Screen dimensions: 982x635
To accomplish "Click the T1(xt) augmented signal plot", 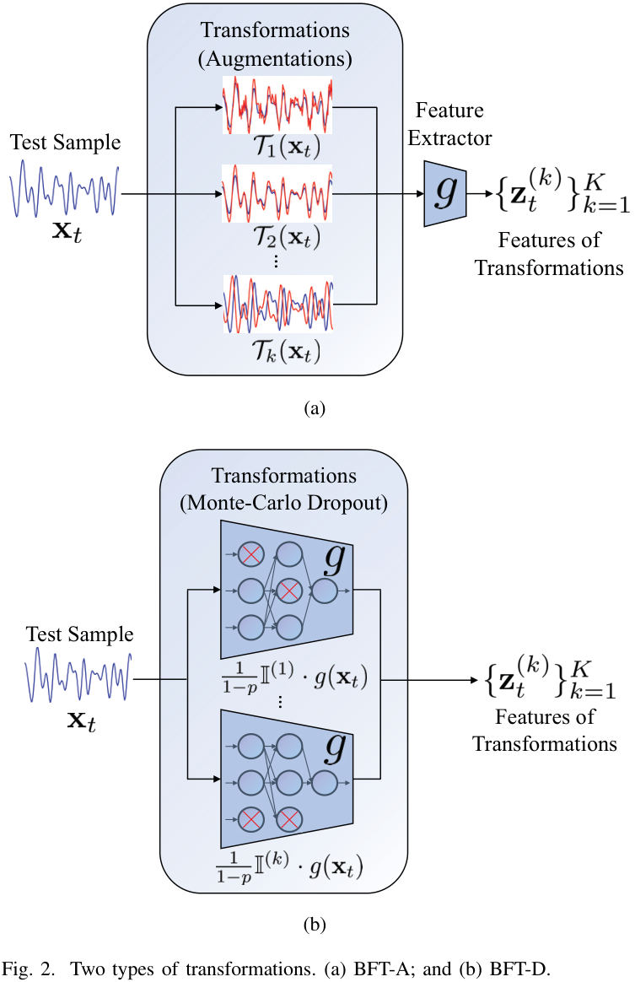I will pyautogui.click(x=277, y=105).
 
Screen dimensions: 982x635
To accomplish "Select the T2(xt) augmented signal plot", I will pyautogui.click(x=277, y=195).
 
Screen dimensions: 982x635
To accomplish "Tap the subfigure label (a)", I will pyautogui.click(x=314, y=409).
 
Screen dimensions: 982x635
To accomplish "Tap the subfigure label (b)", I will pyautogui.click(x=314, y=925).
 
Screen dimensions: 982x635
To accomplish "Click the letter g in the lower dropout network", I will pyautogui.click(x=336, y=747).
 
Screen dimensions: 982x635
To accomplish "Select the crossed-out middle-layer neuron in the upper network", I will pyautogui.click(x=289, y=591).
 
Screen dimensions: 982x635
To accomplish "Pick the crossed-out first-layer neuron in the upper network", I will pyautogui.click(x=251, y=554).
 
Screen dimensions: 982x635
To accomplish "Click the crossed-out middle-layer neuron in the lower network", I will pyautogui.click(x=289, y=818).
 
